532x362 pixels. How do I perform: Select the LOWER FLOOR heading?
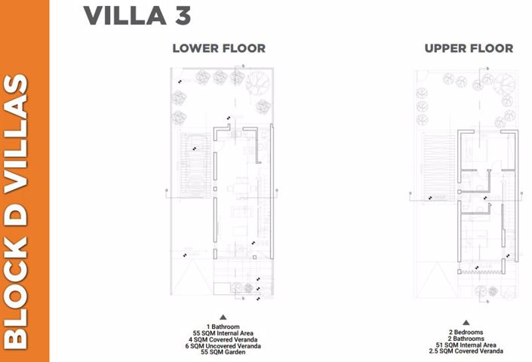[x=219, y=48]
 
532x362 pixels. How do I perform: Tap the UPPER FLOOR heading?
[x=469, y=48]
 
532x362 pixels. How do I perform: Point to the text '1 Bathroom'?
[x=223, y=327]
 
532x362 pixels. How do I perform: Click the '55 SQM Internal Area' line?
[x=223, y=333]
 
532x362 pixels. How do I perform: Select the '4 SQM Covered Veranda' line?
[x=223, y=339]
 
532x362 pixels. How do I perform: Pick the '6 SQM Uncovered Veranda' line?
[x=223, y=345]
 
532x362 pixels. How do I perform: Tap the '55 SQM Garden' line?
[x=223, y=351]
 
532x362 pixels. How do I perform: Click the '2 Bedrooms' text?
[x=466, y=333]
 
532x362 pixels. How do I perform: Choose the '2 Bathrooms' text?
[x=466, y=339]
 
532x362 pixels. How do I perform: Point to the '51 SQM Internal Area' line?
[x=466, y=345]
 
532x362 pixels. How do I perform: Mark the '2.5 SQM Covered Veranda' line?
[x=466, y=351]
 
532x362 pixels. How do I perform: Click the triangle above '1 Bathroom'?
[x=223, y=318]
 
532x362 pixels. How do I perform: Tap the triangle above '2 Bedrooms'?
[x=466, y=322]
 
